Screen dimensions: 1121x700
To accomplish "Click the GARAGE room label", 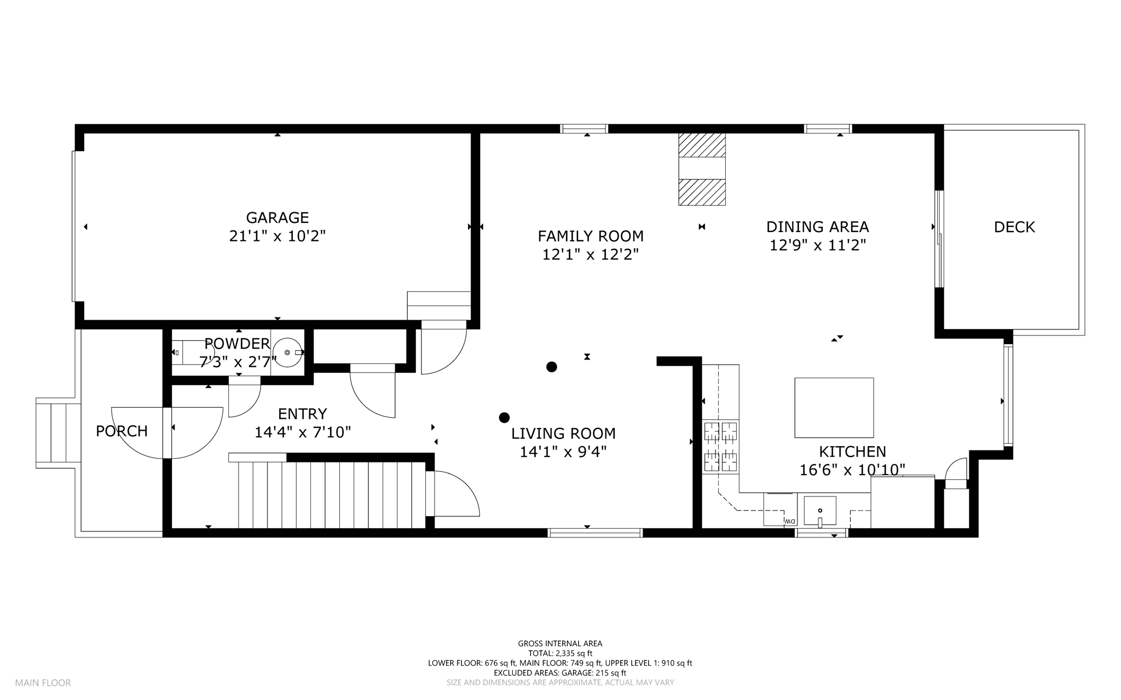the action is [x=278, y=218].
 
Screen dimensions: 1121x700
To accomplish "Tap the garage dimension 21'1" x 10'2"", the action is [x=278, y=236].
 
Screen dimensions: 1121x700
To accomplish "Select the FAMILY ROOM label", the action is [x=591, y=236].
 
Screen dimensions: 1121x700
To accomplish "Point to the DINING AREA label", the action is [x=818, y=227].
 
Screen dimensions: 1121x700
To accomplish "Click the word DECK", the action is [x=1014, y=227].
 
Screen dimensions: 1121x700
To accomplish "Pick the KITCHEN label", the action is [x=852, y=452].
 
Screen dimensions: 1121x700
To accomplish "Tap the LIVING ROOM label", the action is [x=563, y=433].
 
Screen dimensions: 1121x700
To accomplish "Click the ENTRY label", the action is [x=302, y=414].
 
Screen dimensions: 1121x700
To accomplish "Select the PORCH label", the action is [x=122, y=431].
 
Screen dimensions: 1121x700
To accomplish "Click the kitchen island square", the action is [x=834, y=408].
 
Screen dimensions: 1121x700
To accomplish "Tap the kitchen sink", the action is [x=820, y=511].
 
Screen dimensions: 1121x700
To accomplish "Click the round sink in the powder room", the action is [x=287, y=352].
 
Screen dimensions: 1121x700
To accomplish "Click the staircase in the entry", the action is [x=332, y=495].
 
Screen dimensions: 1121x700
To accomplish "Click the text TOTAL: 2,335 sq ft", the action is [x=560, y=653].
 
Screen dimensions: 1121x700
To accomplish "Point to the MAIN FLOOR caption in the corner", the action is [x=43, y=683].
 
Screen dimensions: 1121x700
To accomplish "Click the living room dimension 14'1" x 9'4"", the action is [x=563, y=452].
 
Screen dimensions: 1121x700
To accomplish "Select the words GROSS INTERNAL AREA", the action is [x=560, y=644].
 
